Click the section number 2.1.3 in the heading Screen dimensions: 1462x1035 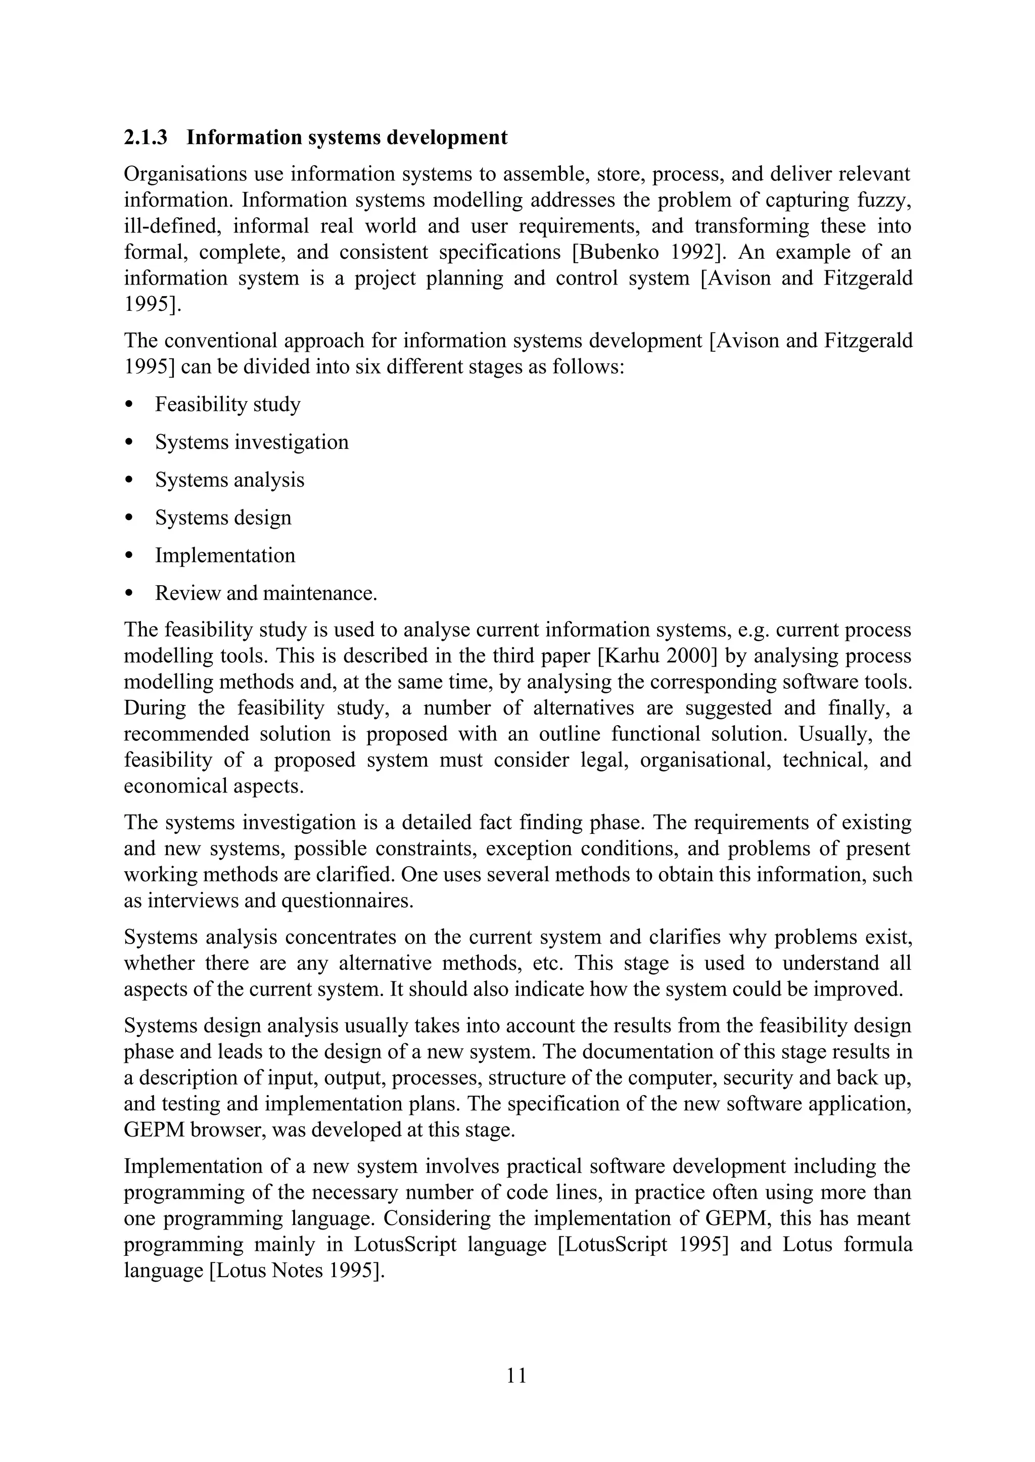(x=146, y=137)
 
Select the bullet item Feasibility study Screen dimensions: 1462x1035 (x=227, y=405)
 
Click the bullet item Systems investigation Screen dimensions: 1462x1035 (x=252, y=442)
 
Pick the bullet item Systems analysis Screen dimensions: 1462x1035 (x=229, y=480)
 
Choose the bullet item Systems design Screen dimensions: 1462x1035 (x=223, y=517)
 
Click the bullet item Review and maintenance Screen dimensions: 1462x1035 (x=266, y=593)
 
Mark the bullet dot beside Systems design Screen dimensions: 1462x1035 (x=129, y=518)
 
